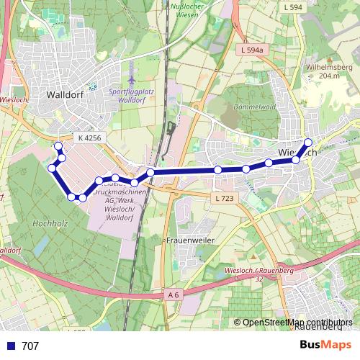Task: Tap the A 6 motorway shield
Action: click(173, 294)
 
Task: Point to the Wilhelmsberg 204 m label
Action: click(323, 71)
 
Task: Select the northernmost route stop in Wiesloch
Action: click(308, 142)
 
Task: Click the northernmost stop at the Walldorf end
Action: click(58, 146)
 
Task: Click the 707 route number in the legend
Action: click(30, 346)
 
